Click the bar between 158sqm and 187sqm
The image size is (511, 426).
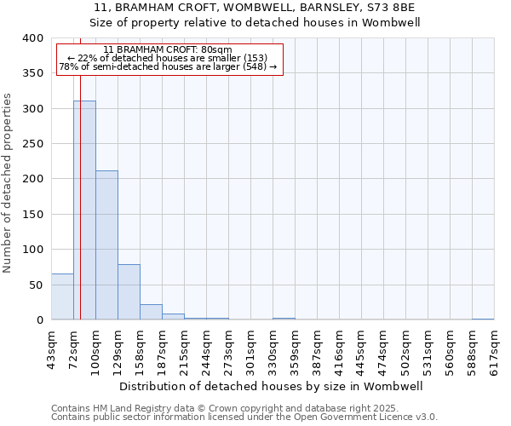pyautogui.click(x=151, y=312)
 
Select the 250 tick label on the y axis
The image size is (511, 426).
pyautogui.click(x=32, y=144)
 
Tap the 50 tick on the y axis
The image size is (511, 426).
pyautogui.click(x=35, y=285)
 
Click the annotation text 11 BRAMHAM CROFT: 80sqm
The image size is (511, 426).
pyautogui.click(x=167, y=49)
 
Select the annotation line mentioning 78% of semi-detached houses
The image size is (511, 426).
pyautogui.click(x=168, y=66)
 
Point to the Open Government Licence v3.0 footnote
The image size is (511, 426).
pyautogui.click(x=244, y=417)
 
